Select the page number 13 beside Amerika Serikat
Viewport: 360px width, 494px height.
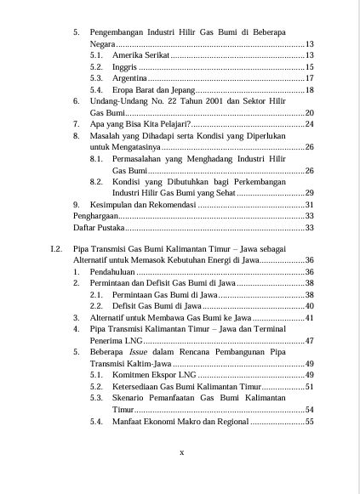(309, 54)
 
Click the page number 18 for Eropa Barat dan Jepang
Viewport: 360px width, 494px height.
(309, 89)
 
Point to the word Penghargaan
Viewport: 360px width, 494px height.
(94, 216)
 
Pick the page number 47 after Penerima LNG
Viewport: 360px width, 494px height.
(309, 340)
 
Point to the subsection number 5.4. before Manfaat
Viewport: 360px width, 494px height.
(97, 421)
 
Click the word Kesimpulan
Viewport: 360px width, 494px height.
(117, 205)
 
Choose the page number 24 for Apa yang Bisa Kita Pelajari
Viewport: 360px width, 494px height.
(309, 124)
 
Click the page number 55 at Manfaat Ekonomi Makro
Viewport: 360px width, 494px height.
(309, 421)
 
